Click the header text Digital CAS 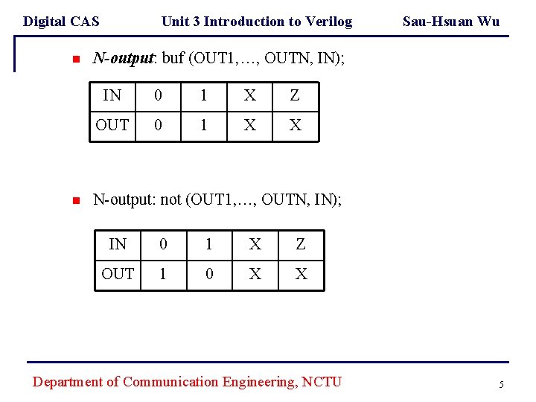(61, 21)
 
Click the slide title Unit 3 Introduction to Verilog (256, 21)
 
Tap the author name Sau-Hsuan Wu (450, 21)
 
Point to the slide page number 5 (501, 384)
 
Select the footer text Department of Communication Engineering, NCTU (187, 382)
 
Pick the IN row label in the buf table (112, 95)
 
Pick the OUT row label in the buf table (112, 125)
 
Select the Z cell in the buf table (295, 95)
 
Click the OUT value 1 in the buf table (203, 125)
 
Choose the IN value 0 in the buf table (157, 95)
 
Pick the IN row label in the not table (117, 243)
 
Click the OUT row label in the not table (117, 274)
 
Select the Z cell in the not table (301, 243)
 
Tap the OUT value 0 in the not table (209, 274)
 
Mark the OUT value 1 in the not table (162, 274)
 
